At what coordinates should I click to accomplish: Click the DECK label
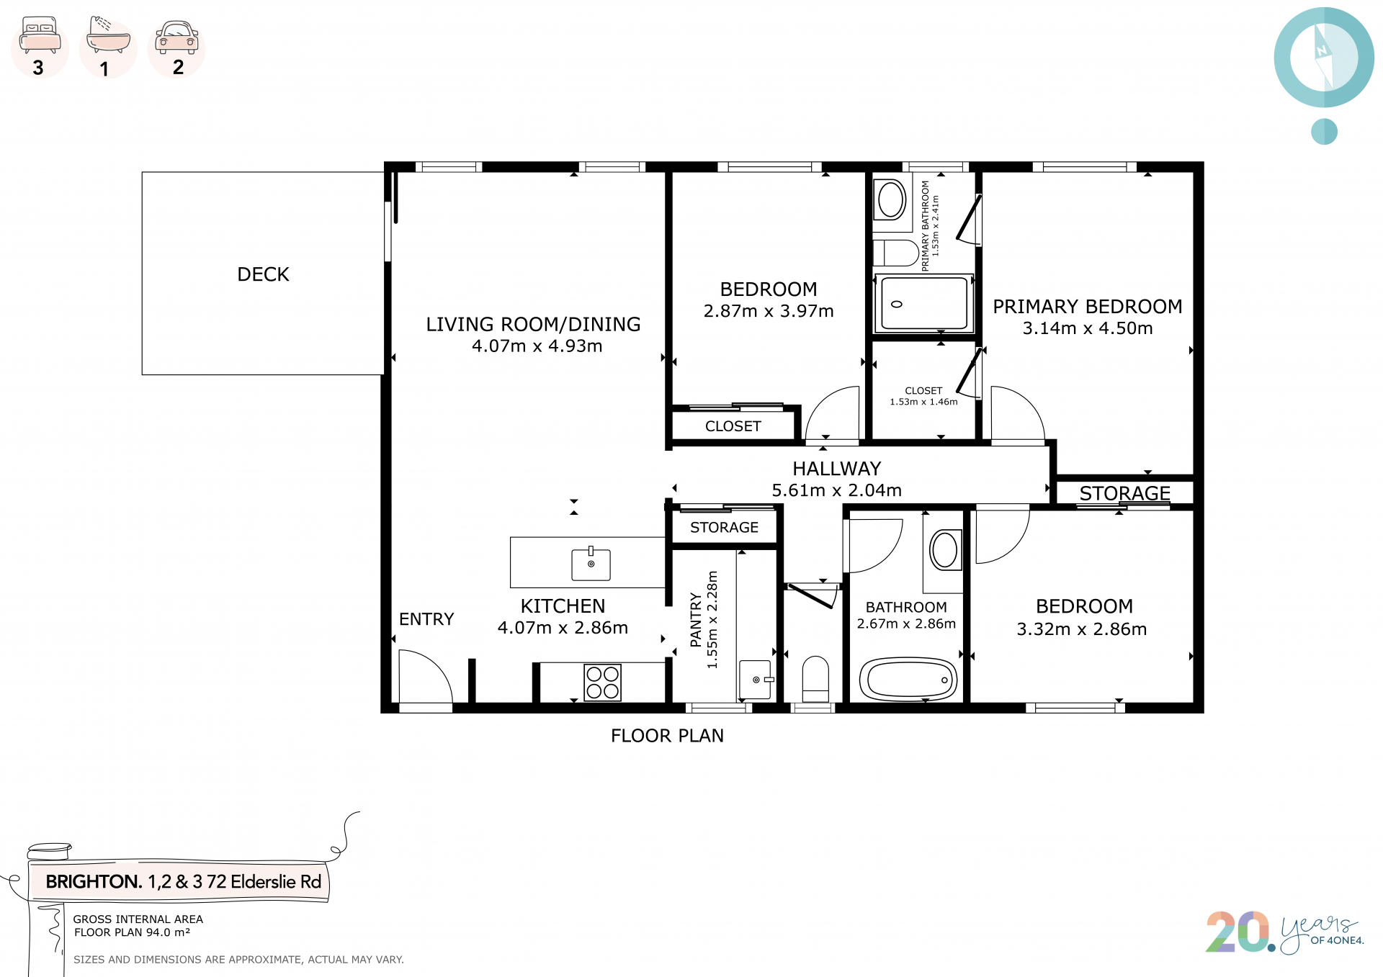[x=263, y=274]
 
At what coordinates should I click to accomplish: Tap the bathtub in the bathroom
[x=908, y=679]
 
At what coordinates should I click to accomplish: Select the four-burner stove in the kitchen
[x=602, y=683]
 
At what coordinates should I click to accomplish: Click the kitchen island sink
[x=591, y=564]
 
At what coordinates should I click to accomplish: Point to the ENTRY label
[x=426, y=619]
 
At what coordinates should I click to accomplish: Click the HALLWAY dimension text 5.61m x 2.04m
[x=836, y=490]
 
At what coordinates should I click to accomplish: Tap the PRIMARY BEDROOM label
[x=1088, y=307]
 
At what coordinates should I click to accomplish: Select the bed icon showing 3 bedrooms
[x=40, y=35]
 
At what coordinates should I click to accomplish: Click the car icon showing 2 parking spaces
[x=176, y=37]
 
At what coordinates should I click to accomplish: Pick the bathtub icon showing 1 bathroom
[x=108, y=35]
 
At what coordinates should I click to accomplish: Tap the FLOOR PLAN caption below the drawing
[x=667, y=736]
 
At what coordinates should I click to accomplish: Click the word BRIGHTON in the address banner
[x=94, y=882]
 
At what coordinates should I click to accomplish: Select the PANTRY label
[x=696, y=620]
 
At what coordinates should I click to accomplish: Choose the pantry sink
[x=756, y=680]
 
